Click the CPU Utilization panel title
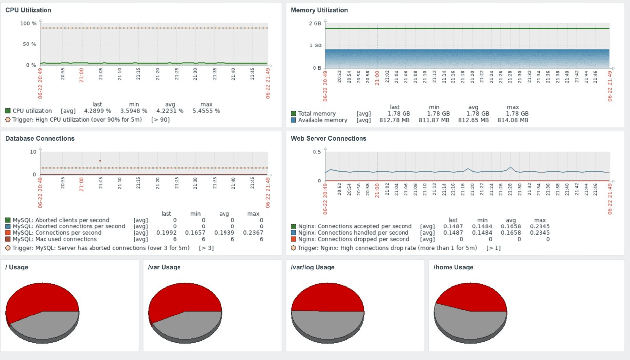[28, 10]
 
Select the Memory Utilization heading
[319, 10]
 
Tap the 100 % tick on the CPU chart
[28, 23]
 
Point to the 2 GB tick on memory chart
[315, 23]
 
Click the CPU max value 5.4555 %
[206, 111]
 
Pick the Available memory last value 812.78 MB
[395, 120]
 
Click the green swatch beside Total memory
[293, 113]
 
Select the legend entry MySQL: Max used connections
[54, 239]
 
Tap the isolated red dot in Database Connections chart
[100, 161]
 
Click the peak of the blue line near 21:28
[510, 167]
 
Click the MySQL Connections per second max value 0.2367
[253, 233]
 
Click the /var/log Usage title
[313, 267]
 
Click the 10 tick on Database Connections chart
[33, 152]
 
